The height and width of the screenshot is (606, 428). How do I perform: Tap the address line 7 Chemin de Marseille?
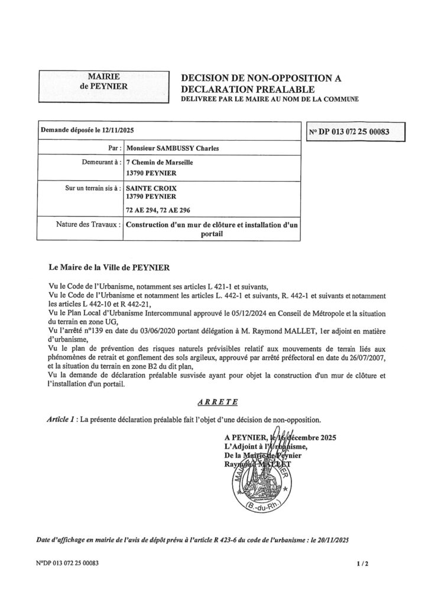[160, 162]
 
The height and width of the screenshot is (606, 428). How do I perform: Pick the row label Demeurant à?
[101, 162]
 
